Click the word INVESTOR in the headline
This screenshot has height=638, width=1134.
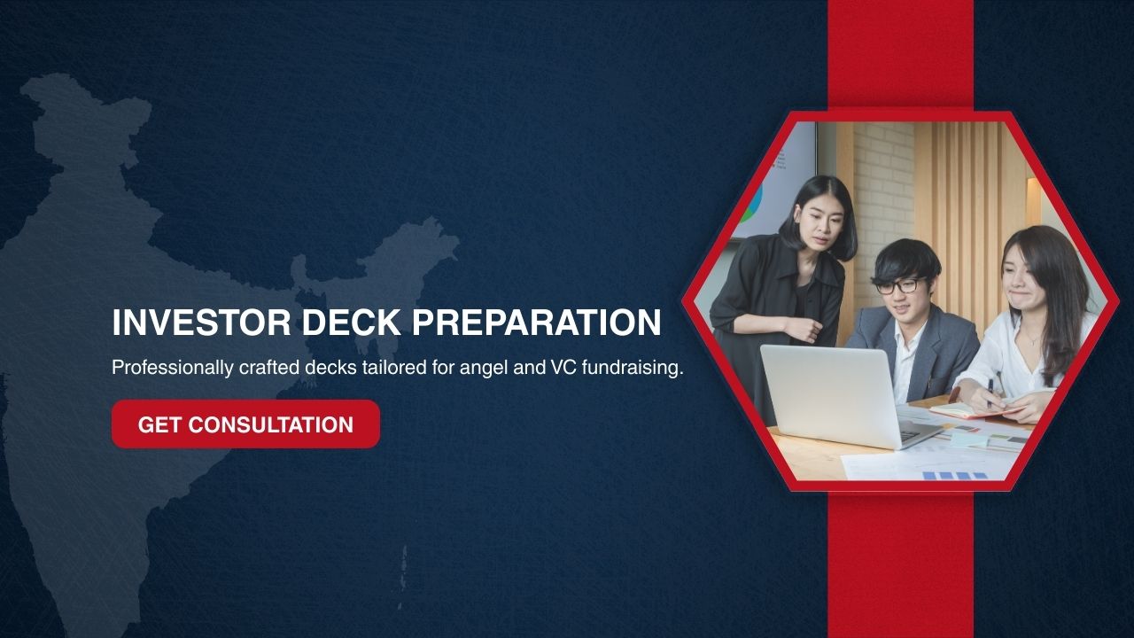[x=201, y=323]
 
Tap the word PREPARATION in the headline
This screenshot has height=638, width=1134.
[x=537, y=323]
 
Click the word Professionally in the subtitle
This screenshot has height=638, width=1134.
[x=173, y=368]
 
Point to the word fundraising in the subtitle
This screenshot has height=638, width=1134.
[x=633, y=368]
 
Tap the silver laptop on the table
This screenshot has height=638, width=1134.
[x=845, y=397]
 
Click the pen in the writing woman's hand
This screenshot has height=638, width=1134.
[x=990, y=392]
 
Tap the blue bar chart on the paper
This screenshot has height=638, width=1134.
[x=954, y=476]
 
